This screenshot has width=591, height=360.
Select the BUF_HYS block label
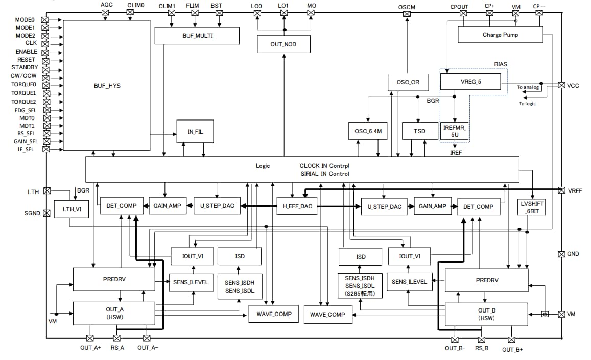[x=107, y=86]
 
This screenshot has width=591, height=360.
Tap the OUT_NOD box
[x=283, y=44]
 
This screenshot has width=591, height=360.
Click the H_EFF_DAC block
[x=297, y=206]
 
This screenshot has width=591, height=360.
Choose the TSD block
[x=419, y=131]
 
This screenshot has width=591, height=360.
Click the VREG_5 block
[x=470, y=81]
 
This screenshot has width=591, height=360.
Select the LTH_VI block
[x=68, y=209]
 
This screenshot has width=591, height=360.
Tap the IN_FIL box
[x=194, y=131]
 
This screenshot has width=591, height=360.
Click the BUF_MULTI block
[x=197, y=36]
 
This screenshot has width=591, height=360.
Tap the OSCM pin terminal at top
[x=407, y=14]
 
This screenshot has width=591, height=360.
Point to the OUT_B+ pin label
[x=512, y=350]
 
